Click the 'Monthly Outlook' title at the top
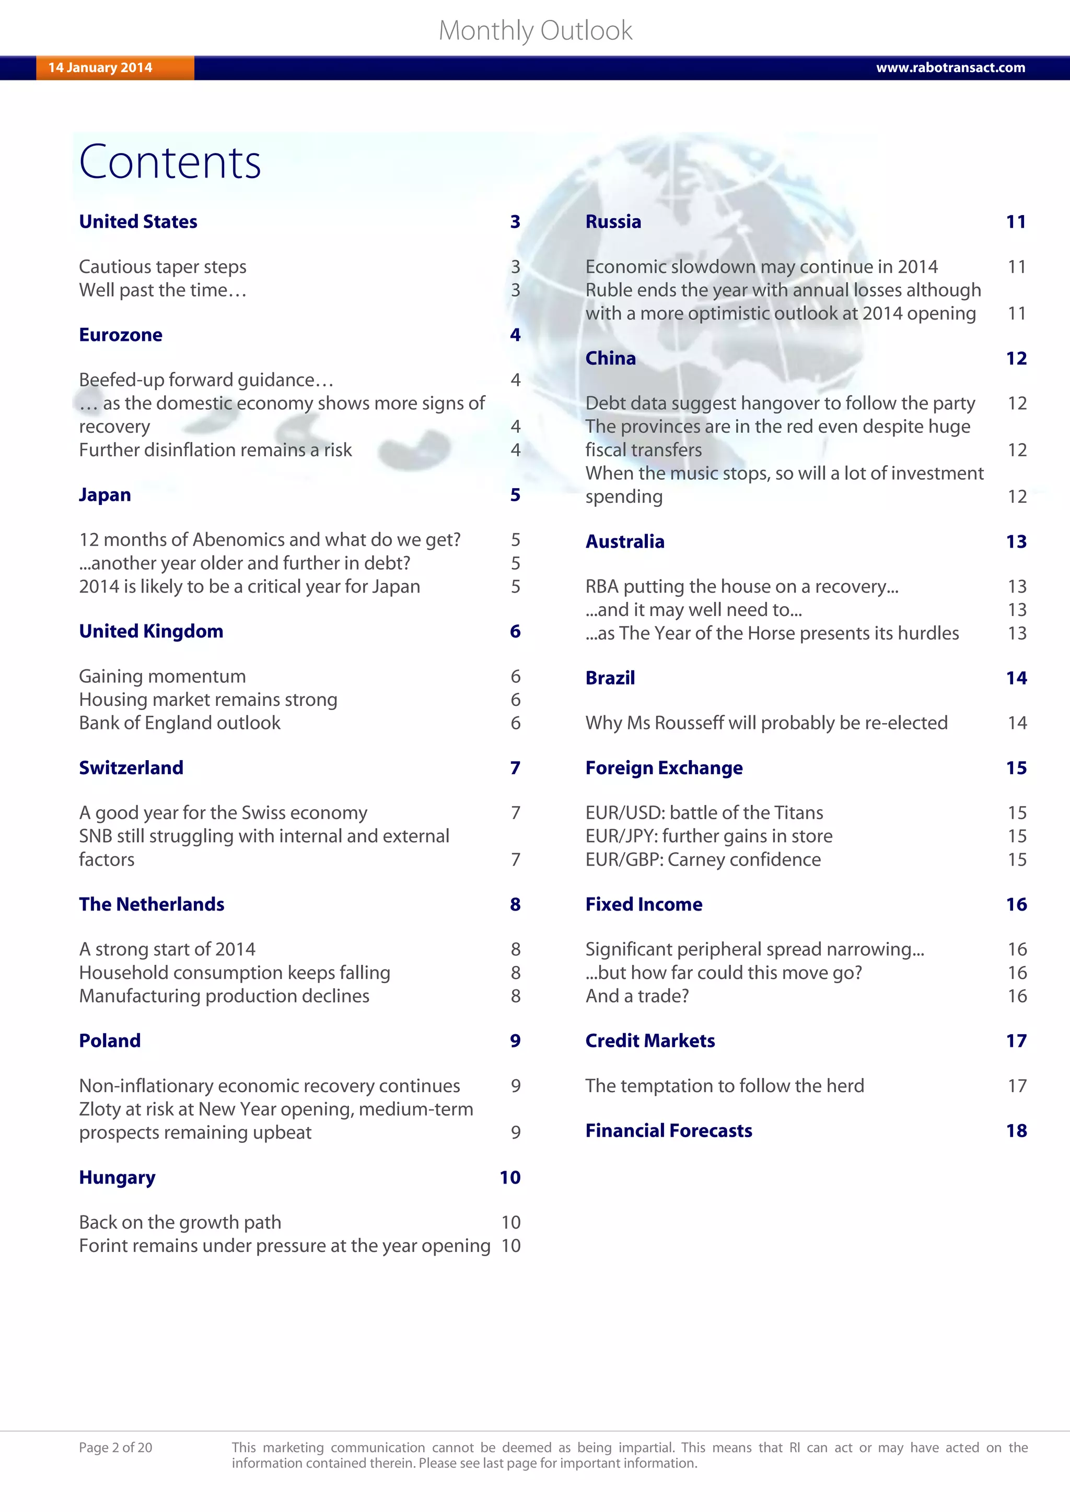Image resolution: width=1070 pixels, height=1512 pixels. pyautogui.click(x=535, y=30)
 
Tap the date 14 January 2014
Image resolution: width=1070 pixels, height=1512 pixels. pyautogui.click(x=100, y=68)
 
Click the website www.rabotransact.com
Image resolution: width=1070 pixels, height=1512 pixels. pyautogui.click(x=950, y=68)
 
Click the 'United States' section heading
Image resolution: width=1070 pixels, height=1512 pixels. pyautogui.click(x=138, y=222)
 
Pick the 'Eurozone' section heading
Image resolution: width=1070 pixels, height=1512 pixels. pyautogui.click(x=121, y=335)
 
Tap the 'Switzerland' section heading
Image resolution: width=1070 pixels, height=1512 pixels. pyautogui.click(x=131, y=768)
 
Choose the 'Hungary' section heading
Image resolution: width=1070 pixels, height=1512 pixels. pyautogui.click(x=117, y=1177)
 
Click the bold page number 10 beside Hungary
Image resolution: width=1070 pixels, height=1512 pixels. pyautogui.click(x=510, y=1177)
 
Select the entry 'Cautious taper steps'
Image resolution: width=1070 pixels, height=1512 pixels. pyautogui.click(x=162, y=267)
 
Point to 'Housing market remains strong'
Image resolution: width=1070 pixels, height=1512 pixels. pyautogui.click(x=208, y=700)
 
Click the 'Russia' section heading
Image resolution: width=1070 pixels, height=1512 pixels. pyautogui.click(x=613, y=222)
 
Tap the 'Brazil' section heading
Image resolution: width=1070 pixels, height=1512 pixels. pyautogui.click(x=610, y=678)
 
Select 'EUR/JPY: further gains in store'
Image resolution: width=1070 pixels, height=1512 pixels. pyautogui.click(x=709, y=836)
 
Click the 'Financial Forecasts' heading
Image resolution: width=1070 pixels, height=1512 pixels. pyautogui.click(x=669, y=1131)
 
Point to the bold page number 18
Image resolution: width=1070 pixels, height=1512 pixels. pyautogui.click(x=1016, y=1131)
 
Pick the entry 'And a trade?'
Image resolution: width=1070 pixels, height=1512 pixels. pyautogui.click(x=637, y=996)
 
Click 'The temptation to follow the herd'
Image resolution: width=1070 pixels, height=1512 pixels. pyautogui.click(x=725, y=1086)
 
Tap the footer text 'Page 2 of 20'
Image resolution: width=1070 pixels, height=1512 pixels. pyautogui.click(x=115, y=1447)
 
